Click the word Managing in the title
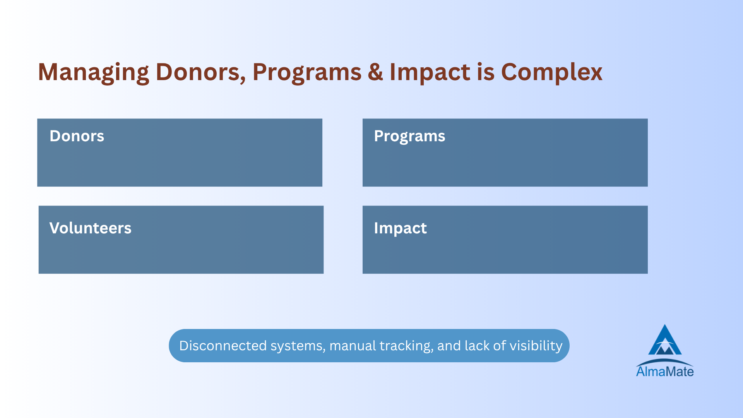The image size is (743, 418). pos(93,73)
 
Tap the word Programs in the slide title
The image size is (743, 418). pos(307,73)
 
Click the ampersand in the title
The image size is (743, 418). pos(375,72)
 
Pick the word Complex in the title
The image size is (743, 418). pos(552,73)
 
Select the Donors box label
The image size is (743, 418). pos(77,136)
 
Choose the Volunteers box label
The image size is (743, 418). pos(91,228)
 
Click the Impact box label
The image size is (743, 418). pos(400,228)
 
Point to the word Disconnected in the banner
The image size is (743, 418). pos(223,346)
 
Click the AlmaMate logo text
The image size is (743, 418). pos(665,372)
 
